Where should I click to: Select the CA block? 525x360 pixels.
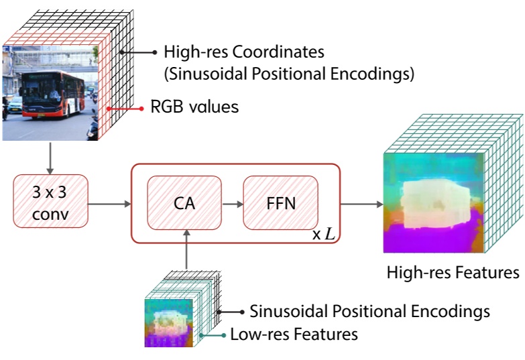pyautogui.click(x=184, y=201)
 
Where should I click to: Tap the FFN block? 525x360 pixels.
pyautogui.click(x=280, y=201)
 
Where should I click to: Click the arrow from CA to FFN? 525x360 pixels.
pyautogui.click(x=231, y=201)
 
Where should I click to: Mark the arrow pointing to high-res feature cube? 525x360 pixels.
pyautogui.click(x=360, y=201)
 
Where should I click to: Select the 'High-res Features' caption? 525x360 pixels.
pyautogui.click(x=452, y=273)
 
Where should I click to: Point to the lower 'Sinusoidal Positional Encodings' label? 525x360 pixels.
pyautogui.click(x=369, y=312)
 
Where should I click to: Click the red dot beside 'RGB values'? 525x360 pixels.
pyautogui.click(x=141, y=108)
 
